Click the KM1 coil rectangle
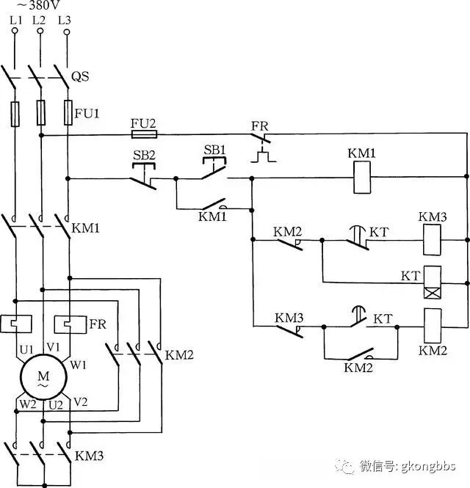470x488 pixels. pyautogui.click(x=362, y=177)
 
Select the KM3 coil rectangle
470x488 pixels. pyautogui.click(x=432, y=240)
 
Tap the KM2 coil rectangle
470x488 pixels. pyautogui.click(x=433, y=326)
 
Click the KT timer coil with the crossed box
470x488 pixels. pyautogui.click(x=433, y=283)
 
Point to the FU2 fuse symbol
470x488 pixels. pyautogui.click(x=144, y=134)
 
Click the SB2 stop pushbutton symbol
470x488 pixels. pyautogui.click(x=143, y=176)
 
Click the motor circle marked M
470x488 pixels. pyautogui.click(x=43, y=377)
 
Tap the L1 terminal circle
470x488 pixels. pyautogui.click(x=15, y=31)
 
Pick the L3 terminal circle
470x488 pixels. pyautogui.click(x=67, y=32)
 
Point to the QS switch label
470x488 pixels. pyautogui.click(x=80, y=76)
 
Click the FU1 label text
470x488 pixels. pyautogui.click(x=87, y=114)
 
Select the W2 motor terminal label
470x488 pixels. pyautogui.click(x=28, y=404)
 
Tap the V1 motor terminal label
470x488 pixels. pyautogui.click(x=53, y=346)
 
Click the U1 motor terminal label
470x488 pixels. pyautogui.click(x=26, y=349)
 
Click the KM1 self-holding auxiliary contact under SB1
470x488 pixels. pyautogui.click(x=214, y=205)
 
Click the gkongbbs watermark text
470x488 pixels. pyautogui.click(x=428, y=466)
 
